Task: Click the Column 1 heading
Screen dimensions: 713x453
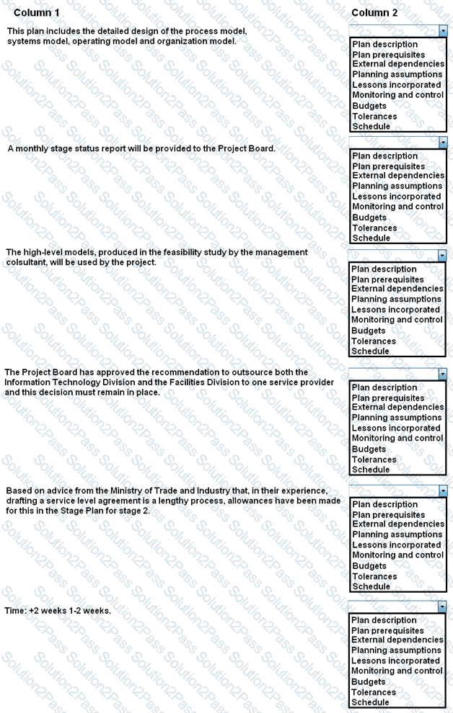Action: pos(37,13)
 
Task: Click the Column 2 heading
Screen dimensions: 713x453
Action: pos(374,13)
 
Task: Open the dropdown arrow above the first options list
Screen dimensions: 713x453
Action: pos(443,31)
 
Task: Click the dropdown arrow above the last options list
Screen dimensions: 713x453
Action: pos(443,607)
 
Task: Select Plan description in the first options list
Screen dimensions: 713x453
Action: pos(384,45)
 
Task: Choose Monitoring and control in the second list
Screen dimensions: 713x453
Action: pos(397,207)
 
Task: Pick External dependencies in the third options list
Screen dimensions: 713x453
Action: pos(397,289)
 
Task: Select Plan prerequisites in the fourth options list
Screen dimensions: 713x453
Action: pos(388,398)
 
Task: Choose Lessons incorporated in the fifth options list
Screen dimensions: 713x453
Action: pos(396,545)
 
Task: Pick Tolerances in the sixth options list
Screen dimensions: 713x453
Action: pos(374,692)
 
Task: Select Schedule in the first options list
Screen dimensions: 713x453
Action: pos(371,127)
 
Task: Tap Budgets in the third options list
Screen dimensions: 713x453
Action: pos(369,331)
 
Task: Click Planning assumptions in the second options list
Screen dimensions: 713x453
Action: pos(396,186)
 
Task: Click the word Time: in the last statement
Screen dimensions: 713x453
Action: pos(15,611)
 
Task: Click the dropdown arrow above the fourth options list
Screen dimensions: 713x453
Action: pos(443,375)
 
